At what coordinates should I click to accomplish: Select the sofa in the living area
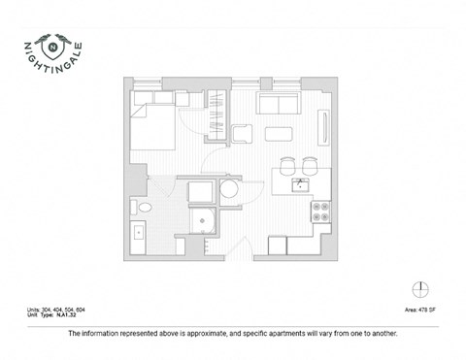(x=276, y=104)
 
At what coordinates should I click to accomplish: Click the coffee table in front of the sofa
(x=281, y=133)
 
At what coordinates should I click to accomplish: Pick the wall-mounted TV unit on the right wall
(x=324, y=127)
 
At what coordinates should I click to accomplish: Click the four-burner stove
(x=321, y=211)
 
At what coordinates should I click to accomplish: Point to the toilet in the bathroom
(x=144, y=209)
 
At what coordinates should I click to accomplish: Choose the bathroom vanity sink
(x=139, y=233)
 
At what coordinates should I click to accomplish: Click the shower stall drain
(x=202, y=219)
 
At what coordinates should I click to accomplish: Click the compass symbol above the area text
(x=418, y=288)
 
